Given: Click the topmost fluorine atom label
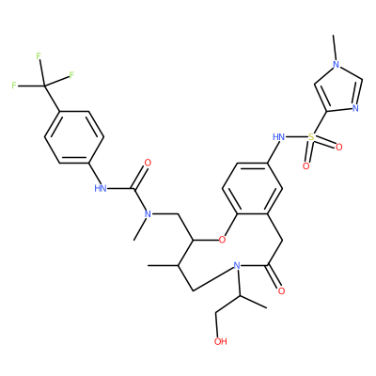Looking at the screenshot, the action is click(39, 56).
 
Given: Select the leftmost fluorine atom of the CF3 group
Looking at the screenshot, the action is click(14, 86).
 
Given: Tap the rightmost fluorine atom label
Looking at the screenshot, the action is click(71, 75).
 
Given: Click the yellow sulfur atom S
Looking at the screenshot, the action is click(311, 136).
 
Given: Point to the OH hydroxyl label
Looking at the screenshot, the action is click(220, 341).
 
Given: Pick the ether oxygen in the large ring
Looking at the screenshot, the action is click(222, 240).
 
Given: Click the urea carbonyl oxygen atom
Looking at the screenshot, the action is click(148, 163).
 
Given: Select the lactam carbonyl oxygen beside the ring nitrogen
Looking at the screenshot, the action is click(281, 290).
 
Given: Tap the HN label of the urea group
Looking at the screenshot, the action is click(101, 188).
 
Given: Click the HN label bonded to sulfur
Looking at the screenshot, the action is click(278, 136).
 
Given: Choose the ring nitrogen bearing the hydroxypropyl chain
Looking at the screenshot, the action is click(237, 266).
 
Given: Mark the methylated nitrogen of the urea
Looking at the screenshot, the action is click(148, 214).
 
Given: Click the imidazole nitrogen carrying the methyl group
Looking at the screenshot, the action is click(336, 65).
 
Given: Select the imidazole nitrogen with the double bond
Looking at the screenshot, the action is click(355, 108).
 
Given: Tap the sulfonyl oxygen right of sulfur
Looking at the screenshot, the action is click(338, 147).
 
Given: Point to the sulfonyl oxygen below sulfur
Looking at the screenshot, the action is click(305, 165).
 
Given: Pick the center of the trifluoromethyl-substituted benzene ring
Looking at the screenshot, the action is click(74, 137).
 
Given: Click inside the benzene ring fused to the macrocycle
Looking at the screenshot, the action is click(252, 189).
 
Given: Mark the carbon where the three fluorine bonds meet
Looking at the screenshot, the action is click(44, 86).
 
